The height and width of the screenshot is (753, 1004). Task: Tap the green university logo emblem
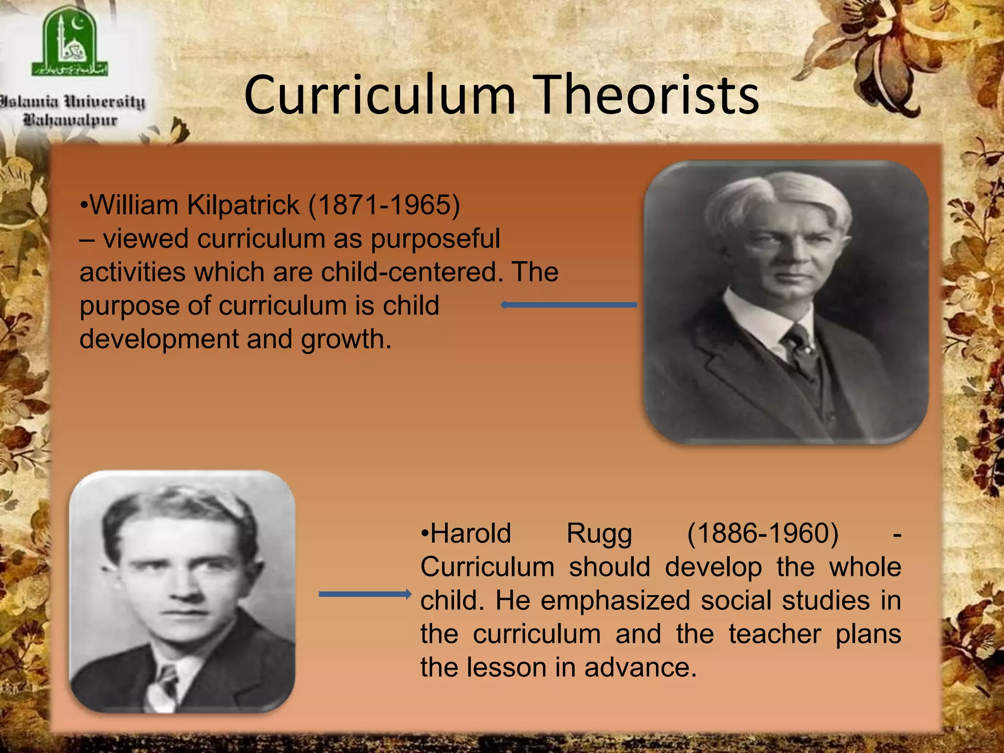coord(70,45)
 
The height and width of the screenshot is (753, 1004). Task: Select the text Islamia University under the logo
coord(73,102)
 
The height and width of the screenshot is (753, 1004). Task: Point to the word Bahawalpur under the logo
coord(71,120)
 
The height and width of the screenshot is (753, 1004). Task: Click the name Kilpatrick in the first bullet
coord(243,205)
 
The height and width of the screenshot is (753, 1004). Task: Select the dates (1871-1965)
coord(384,205)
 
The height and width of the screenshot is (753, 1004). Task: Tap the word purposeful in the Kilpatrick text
coord(435,239)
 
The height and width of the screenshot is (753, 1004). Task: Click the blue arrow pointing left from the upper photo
coord(569,305)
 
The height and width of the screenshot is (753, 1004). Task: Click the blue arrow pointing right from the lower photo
coord(365,594)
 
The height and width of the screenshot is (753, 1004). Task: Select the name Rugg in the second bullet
coord(599,533)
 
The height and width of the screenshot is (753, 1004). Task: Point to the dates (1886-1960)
coord(763,533)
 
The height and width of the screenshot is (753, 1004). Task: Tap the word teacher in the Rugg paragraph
coord(775,634)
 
